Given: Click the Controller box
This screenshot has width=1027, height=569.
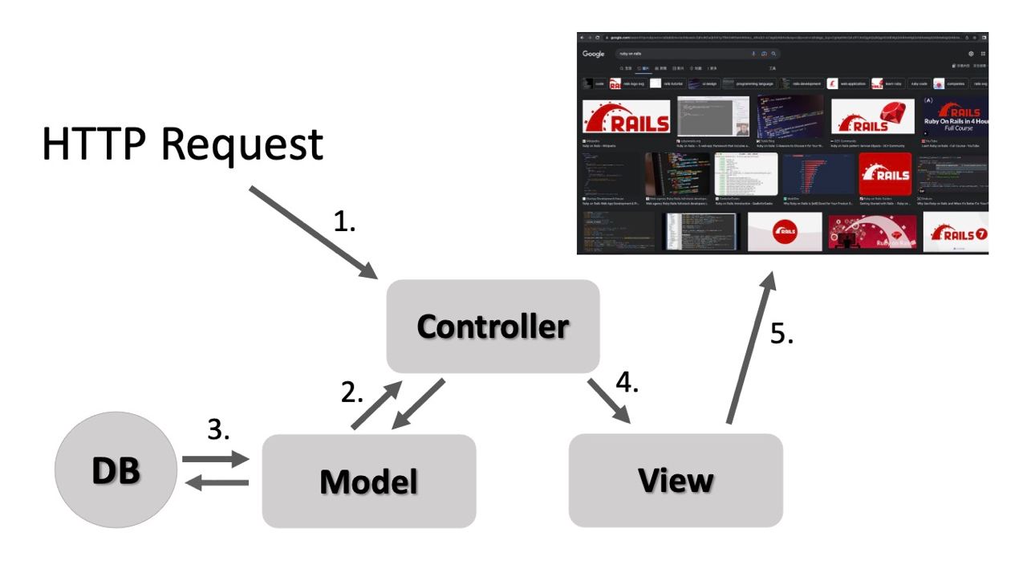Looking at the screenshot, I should [x=493, y=326].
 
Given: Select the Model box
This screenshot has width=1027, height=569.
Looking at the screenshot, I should [x=369, y=481].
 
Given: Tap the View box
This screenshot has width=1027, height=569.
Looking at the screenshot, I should [x=676, y=480].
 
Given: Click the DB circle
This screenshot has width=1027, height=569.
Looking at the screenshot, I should [x=116, y=470].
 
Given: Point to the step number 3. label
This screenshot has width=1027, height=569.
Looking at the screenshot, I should [x=220, y=429].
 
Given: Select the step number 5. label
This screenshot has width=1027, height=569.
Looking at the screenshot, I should [x=781, y=334].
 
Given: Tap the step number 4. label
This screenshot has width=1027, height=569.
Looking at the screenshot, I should [x=627, y=383].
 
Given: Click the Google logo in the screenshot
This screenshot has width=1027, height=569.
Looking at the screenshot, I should [x=594, y=54].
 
